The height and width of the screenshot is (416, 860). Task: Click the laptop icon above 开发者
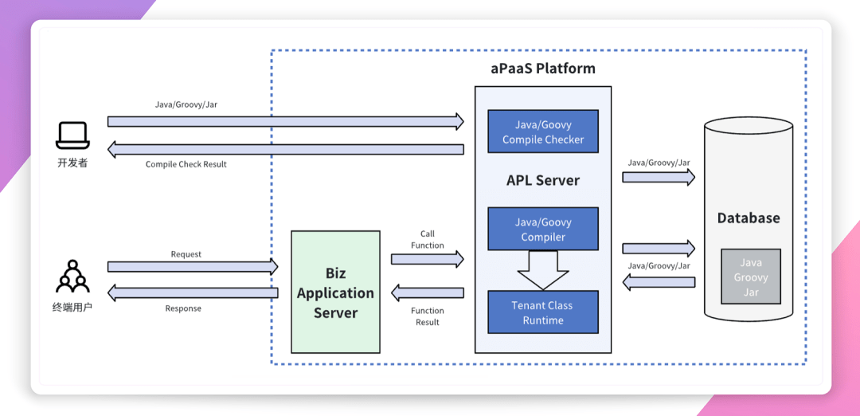72,135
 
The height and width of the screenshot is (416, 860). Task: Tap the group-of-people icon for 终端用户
72,277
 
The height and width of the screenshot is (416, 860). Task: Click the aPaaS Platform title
543,68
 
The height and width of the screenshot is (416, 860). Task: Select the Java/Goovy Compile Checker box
543,132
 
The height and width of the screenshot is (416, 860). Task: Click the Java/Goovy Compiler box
543,230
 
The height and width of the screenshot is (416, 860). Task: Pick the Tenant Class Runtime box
543,312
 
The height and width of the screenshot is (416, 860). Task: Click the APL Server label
543,180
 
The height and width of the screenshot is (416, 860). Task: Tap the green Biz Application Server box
335,292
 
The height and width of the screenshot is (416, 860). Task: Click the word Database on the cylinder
749,218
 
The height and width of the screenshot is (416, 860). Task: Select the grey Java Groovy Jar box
751,277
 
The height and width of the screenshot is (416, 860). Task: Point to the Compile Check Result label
186,164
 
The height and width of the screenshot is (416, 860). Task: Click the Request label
186,254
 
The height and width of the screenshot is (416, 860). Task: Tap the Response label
183,308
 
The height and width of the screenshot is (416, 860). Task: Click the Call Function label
428,240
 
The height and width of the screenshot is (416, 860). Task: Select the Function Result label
428,316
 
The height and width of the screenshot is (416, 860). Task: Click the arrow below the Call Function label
428,259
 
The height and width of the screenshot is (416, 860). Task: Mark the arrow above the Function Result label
428,293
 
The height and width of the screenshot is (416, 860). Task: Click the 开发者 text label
72,163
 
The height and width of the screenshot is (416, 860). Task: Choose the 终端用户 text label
72,307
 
